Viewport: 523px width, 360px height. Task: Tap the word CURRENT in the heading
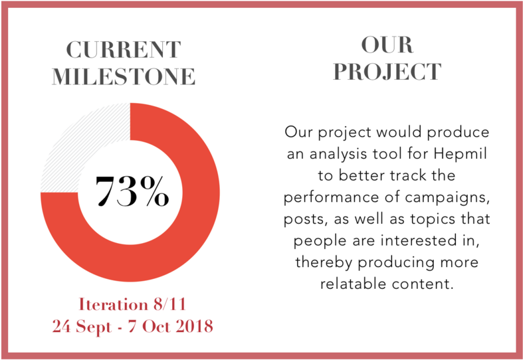(x=124, y=50)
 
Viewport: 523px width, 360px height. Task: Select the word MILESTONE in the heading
(x=124, y=76)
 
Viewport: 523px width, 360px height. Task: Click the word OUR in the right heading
(x=387, y=45)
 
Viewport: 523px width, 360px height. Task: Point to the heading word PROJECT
(x=387, y=72)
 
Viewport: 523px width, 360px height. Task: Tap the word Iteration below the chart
(x=114, y=304)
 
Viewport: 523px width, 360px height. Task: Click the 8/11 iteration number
(x=169, y=304)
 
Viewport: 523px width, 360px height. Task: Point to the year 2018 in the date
(x=195, y=325)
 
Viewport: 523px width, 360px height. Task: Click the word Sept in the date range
(x=94, y=327)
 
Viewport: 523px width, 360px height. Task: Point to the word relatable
(x=354, y=284)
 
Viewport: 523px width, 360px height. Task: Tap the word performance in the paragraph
(x=331, y=198)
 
